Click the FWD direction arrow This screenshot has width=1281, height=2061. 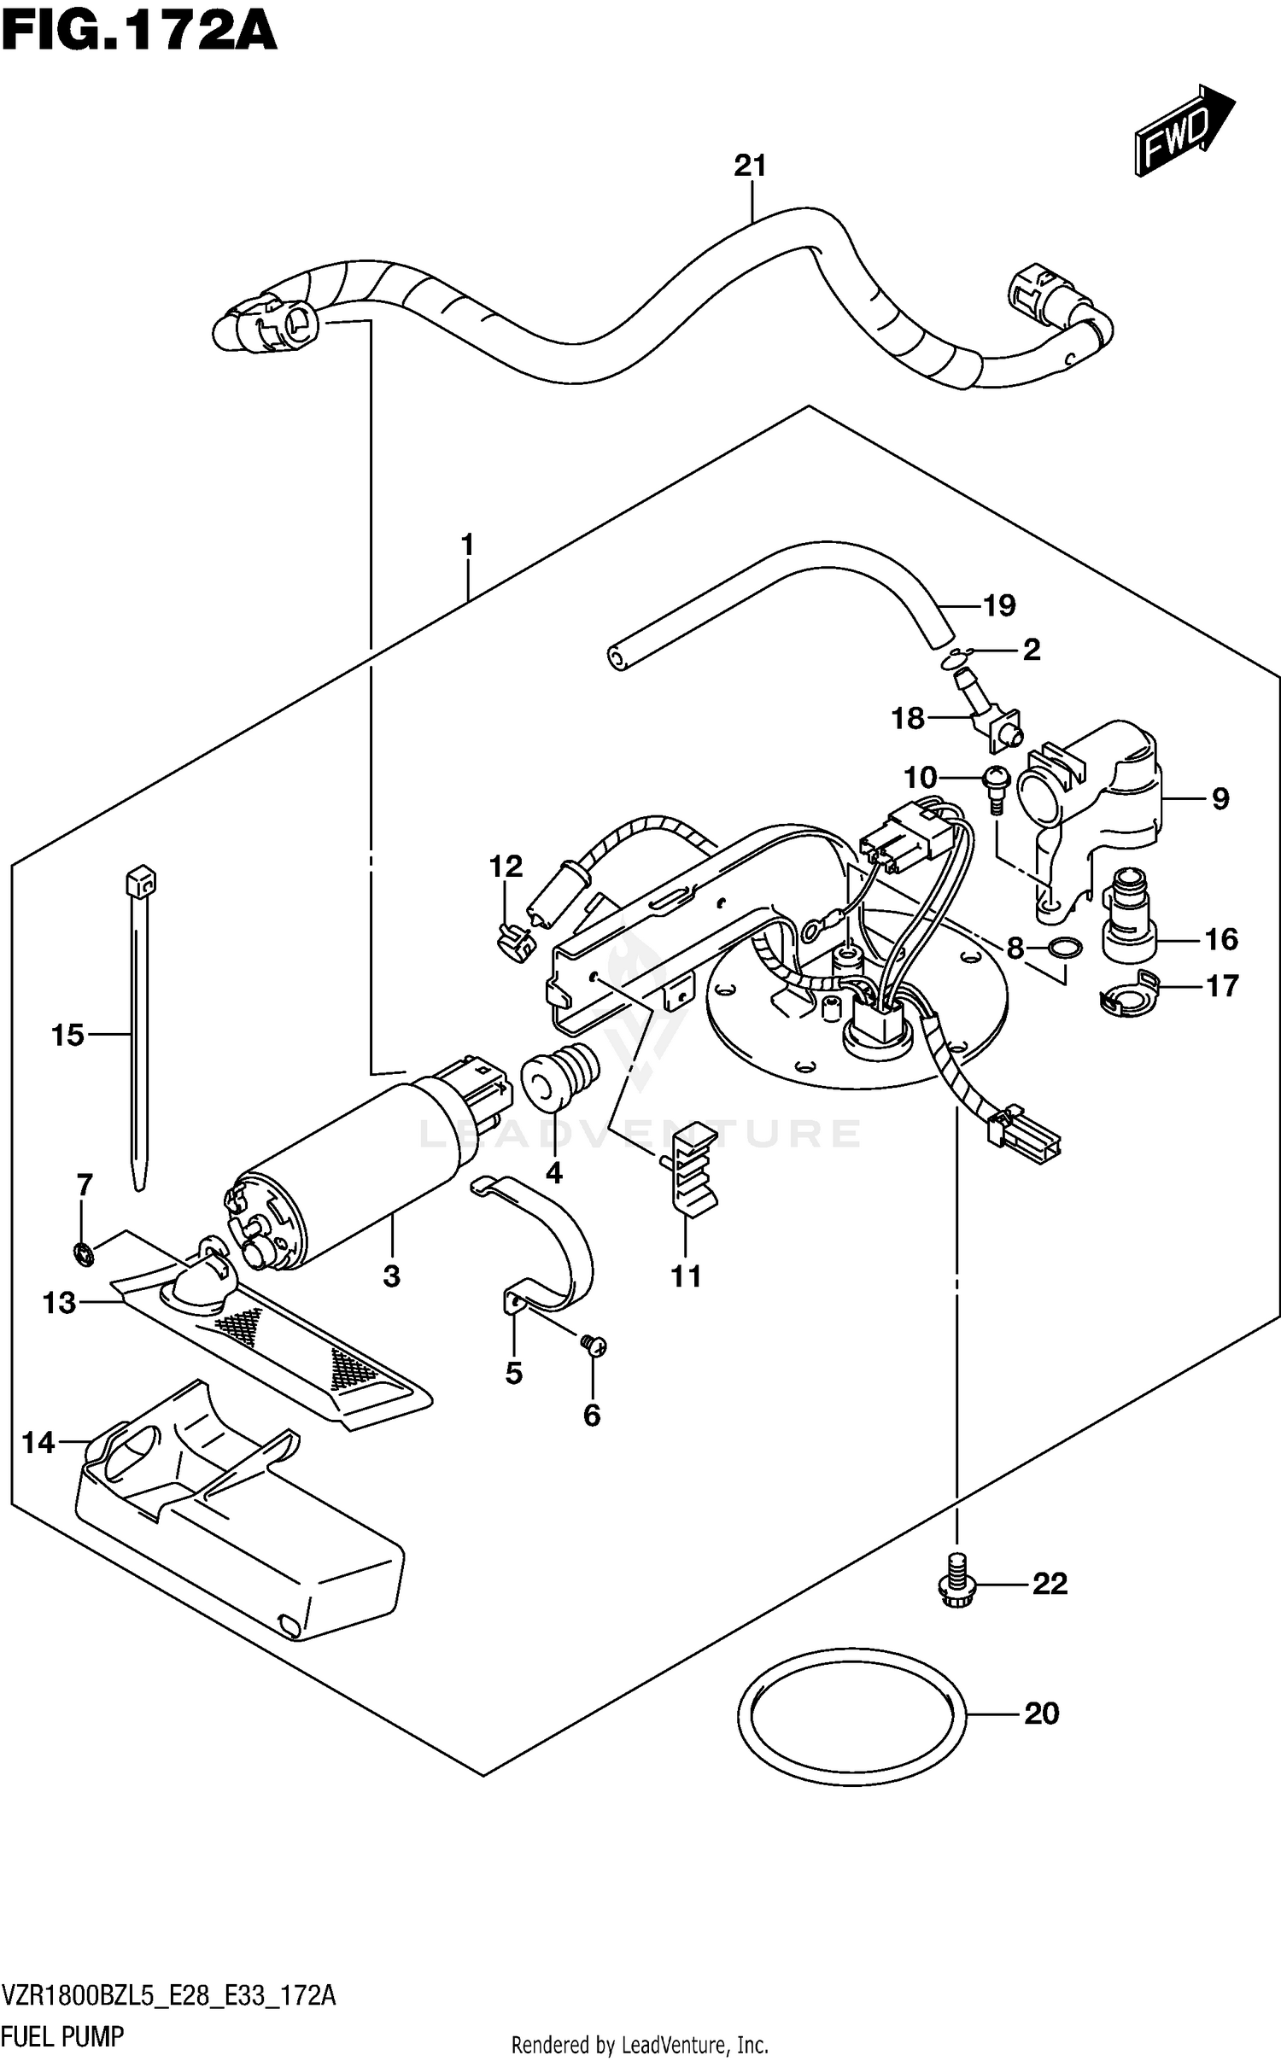pos(1184,131)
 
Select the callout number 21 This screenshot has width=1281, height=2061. pos(750,166)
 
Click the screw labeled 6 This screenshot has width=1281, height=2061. pos(592,1346)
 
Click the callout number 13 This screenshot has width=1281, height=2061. pos(59,1303)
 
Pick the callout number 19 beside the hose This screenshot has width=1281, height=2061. pos(998,605)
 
